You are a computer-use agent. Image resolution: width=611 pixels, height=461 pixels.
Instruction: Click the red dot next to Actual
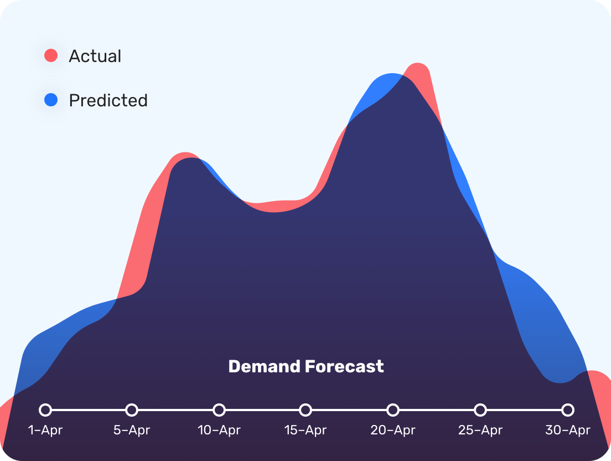pyautogui.click(x=51, y=55)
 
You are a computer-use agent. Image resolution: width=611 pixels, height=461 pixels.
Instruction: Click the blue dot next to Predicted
pyautogui.click(x=51, y=100)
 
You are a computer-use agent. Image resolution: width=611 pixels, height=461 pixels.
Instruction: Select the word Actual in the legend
pyautogui.click(x=95, y=56)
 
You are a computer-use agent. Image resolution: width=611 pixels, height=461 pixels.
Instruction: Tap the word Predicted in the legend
pyautogui.click(x=108, y=100)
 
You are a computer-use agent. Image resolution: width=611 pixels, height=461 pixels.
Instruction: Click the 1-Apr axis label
pyautogui.click(x=45, y=430)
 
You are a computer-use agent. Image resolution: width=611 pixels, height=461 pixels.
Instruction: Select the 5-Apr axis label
pyautogui.click(x=132, y=430)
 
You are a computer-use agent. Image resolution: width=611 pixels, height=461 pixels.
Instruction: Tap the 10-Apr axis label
pyautogui.click(x=219, y=430)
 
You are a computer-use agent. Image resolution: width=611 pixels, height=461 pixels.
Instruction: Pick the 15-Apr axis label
pyautogui.click(x=305, y=430)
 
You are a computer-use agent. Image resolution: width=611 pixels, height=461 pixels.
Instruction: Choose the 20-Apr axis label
pyautogui.click(x=393, y=430)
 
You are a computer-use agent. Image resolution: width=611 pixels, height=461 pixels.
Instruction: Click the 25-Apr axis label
pyautogui.click(x=480, y=430)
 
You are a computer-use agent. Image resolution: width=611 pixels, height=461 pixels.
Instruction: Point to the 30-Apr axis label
pyautogui.click(x=568, y=430)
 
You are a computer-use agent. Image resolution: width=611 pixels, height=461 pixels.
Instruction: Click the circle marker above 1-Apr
pyautogui.click(x=45, y=410)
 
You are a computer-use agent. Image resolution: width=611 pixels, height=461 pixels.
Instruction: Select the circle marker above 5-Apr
pyautogui.click(x=132, y=410)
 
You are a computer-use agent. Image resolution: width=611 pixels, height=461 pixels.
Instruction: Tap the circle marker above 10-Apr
pyautogui.click(x=219, y=410)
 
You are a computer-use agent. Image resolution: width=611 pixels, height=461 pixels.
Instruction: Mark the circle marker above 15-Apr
pyautogui.click(x=305, y=410)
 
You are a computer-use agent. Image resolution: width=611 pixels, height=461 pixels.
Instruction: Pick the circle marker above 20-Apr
pyautogui.click(x=393, y=410)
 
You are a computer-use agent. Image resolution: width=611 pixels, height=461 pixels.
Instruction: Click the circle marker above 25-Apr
pyautogui.click(x=480, y=410)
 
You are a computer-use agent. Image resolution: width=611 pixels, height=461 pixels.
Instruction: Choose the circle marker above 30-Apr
pyautogui.click(x=568, y=410)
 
